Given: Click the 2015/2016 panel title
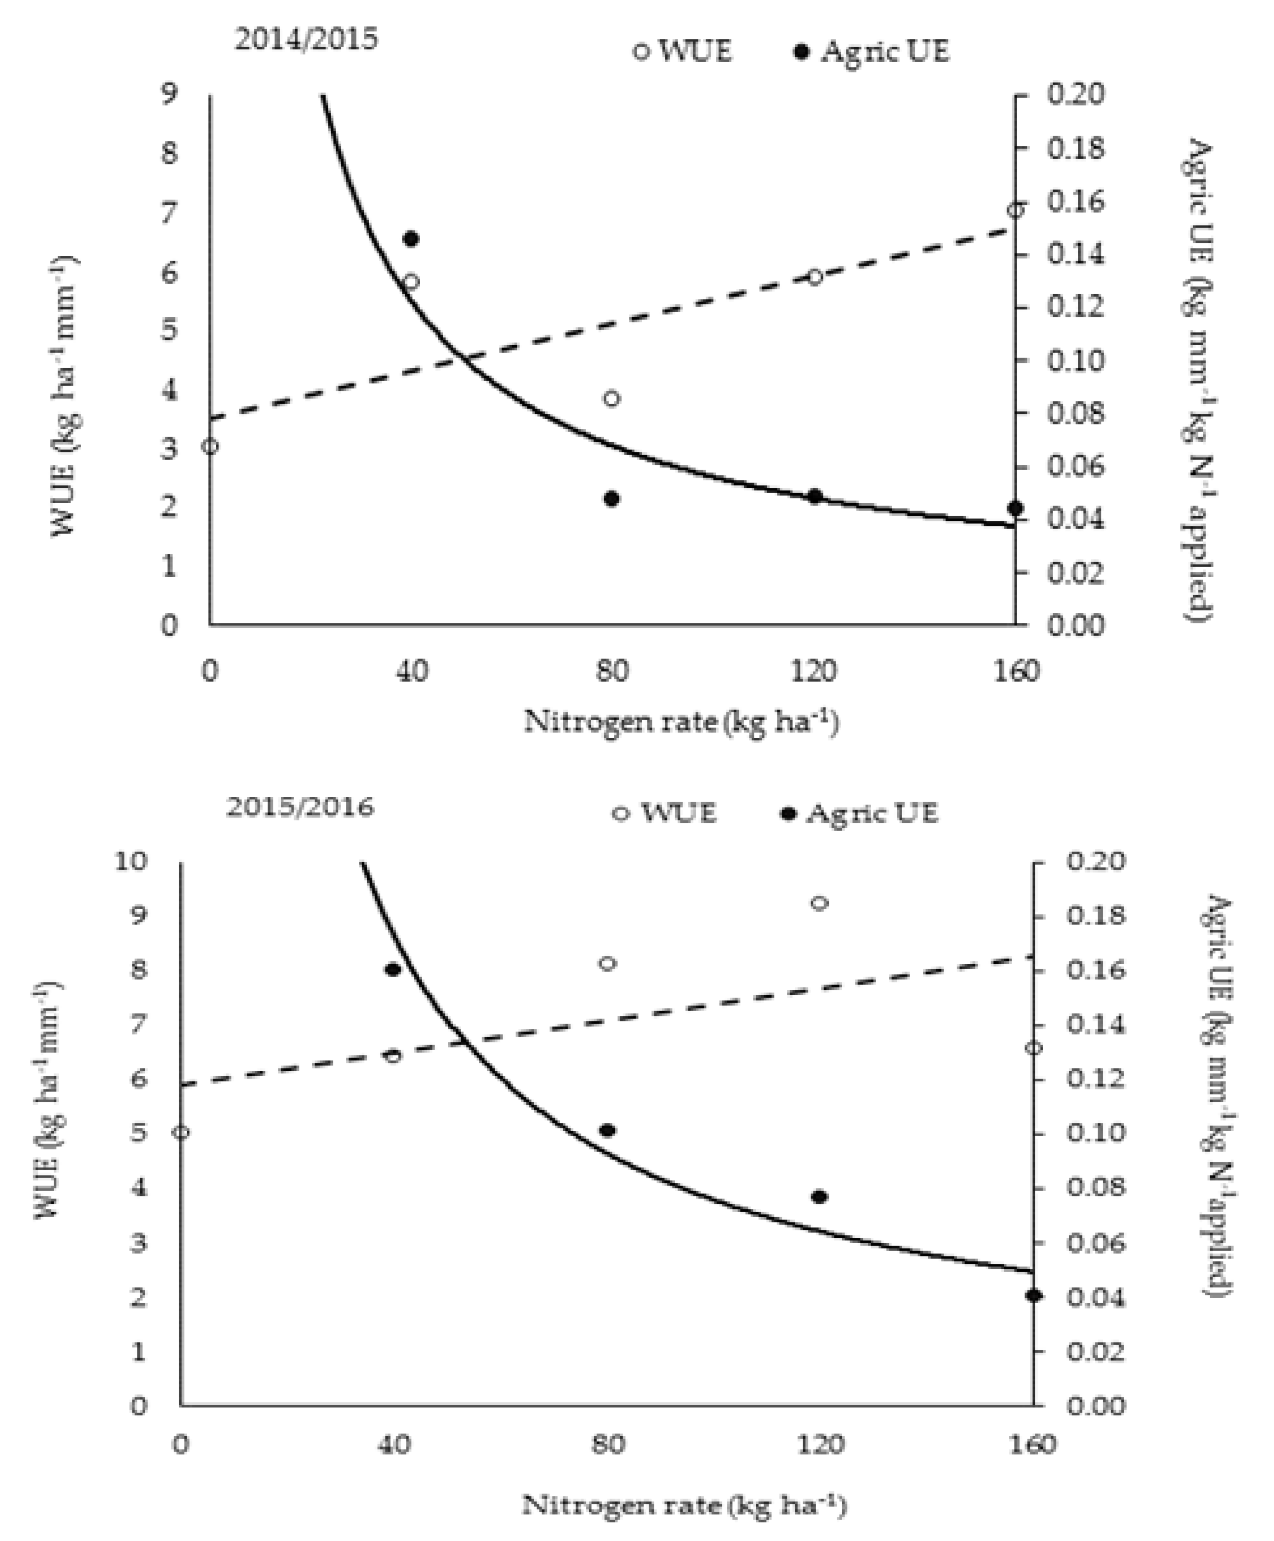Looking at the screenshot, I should (x=299, y=807).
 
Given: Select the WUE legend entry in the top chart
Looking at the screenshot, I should (x=682, y=52).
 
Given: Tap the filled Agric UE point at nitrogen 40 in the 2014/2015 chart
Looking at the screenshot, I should (x=411, y=239).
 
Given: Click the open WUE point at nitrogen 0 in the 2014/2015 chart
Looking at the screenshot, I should (x=210, y=446).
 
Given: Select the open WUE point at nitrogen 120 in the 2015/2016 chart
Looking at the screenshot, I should (x=820, y=903).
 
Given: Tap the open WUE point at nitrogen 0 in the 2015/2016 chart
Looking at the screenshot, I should (x=181, y=1132).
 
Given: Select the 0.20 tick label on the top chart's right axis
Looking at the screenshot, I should (x=1075, y=95).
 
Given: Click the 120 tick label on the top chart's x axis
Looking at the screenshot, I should (x=814, y=671).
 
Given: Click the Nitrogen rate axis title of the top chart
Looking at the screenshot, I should (x=681, y=722).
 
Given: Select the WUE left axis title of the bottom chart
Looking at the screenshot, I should (x=48, y=1101).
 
